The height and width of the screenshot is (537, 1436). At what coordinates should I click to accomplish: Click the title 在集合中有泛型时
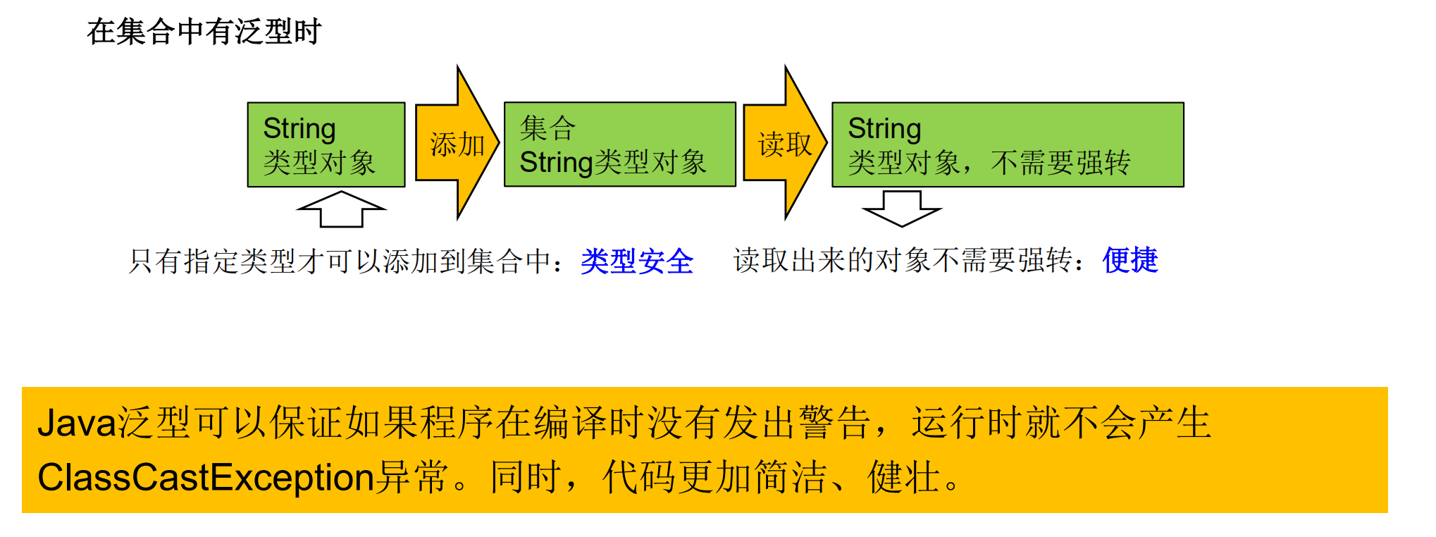click(x=204, y=32)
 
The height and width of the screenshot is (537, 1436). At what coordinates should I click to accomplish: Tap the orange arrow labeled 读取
click(x=784, y=144)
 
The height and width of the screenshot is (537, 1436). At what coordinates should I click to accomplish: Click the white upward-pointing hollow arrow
click(x=342, y=209)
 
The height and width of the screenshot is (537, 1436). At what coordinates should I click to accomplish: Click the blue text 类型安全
click(x=637, y=261)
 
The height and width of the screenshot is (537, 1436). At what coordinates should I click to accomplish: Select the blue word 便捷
click(x=1130, y=260)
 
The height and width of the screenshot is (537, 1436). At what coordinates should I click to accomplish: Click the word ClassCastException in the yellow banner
click(x=205, y=477)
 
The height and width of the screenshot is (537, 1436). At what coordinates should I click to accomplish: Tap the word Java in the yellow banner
click(x=77, y=423)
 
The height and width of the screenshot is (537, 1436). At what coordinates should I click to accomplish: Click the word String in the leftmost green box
click(x=299, y=128)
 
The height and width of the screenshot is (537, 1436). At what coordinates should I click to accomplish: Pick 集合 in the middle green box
click(x=547, y=128)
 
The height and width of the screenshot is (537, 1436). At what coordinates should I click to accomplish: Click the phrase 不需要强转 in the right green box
click(x=1060, y=163)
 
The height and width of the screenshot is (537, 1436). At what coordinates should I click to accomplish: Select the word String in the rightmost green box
click(x=884, y=128)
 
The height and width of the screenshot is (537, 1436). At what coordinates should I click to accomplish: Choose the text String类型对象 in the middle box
click(x=612, y=163)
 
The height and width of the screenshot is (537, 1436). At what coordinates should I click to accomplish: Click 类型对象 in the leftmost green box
click(x=319, y=163)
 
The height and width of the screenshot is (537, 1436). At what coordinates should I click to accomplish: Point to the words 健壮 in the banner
click(x=904, y=477)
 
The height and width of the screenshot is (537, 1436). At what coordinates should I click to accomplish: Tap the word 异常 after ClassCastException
click(x=411, y=477)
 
